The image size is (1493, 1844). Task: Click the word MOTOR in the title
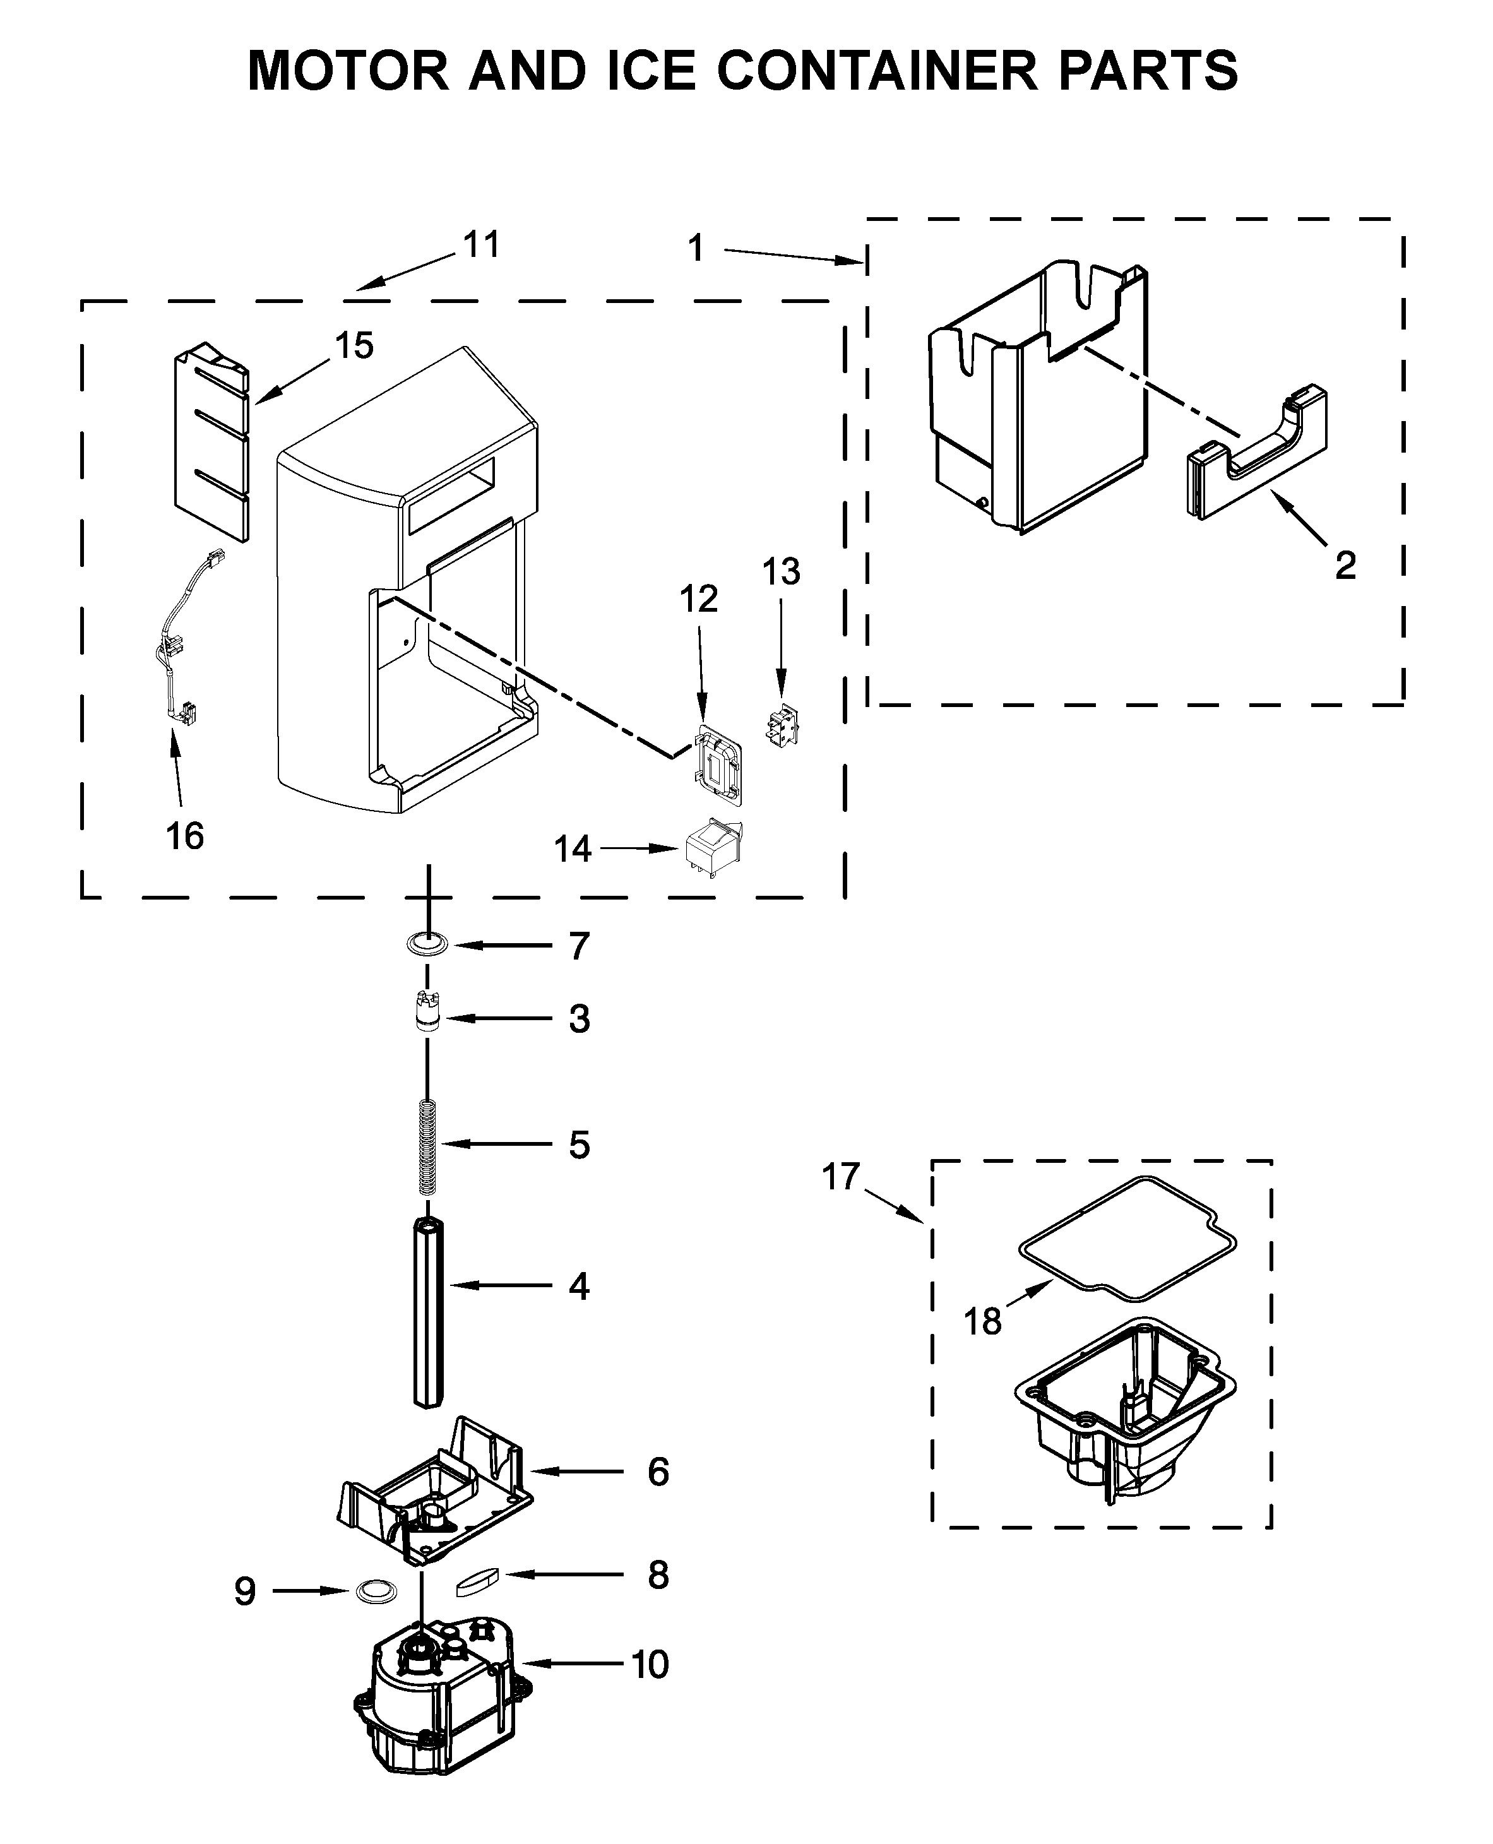pos(348,71)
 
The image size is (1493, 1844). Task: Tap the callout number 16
pos(185,835)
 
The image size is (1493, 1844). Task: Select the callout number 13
pos(781,571)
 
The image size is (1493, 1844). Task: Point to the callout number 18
pos(982,1321)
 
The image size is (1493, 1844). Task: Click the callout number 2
pos(1345,565)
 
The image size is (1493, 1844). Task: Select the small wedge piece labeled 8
pos(477,1581)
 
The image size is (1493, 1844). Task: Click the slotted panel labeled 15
pos(211,443)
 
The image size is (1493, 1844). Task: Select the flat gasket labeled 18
pos(1127,1239)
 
